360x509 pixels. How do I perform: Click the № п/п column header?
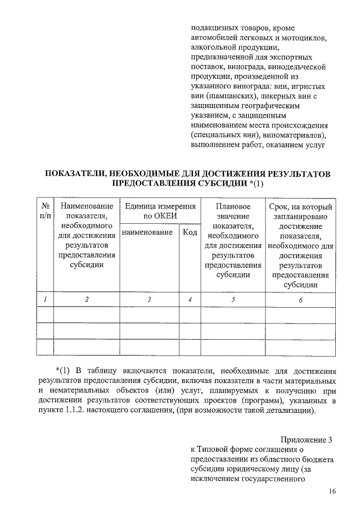pos(45,211)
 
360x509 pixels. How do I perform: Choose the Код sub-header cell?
pos(190,232)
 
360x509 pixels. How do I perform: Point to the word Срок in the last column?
pos(280,207)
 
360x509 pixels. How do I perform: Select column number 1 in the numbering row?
pos(45,300)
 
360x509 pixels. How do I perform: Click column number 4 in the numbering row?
pos(190,300)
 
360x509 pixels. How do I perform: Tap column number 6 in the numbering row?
pos(300,300)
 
